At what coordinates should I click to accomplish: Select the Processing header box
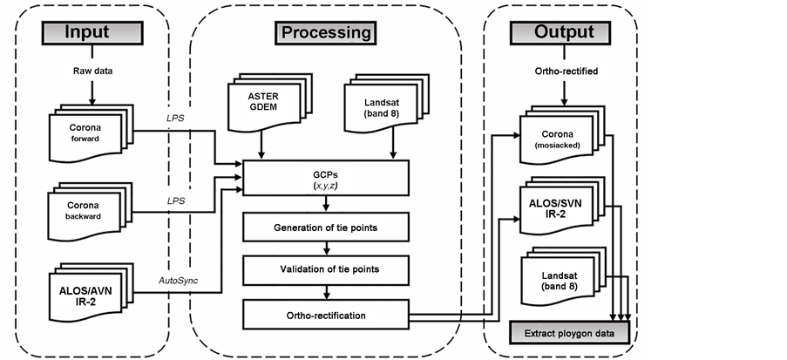coord(325,33)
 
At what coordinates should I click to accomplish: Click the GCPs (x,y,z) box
coord(326,179)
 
